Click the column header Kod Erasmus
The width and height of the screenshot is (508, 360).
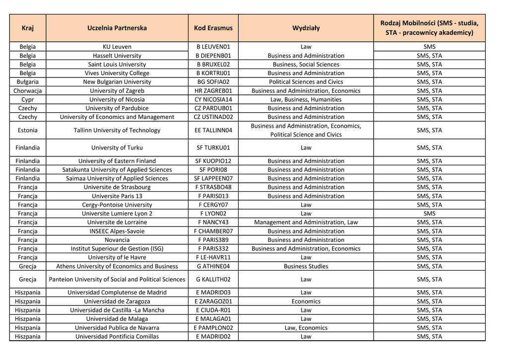(213, 28)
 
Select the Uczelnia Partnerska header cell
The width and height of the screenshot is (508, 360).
(117, 28)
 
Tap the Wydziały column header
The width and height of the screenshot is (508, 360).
(306, 28)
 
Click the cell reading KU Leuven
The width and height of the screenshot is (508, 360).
(117, 47)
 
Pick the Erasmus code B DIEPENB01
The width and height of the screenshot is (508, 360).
(213, 56)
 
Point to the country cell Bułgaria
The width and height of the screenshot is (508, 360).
(28, 82)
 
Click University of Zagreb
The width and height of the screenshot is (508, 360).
(117, 91)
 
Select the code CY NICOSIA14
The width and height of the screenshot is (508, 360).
(213, 99)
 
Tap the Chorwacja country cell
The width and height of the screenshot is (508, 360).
(28, 91)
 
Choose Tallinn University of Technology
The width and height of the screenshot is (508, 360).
(117, 130)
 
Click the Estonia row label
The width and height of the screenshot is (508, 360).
(28, 130)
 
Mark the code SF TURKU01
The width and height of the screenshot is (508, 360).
(213, 147)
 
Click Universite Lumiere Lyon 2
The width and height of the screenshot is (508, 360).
(117, 214)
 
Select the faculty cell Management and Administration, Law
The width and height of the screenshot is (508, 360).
(306, 222)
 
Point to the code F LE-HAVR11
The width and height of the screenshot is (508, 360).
(213, 257)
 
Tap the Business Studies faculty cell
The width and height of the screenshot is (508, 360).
(306, 266)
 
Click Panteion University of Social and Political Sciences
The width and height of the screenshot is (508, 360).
(117, 279)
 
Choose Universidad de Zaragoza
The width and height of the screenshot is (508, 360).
(117, 301)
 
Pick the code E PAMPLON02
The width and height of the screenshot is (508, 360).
(213, 328)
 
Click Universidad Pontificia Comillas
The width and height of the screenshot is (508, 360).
(117, 337)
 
